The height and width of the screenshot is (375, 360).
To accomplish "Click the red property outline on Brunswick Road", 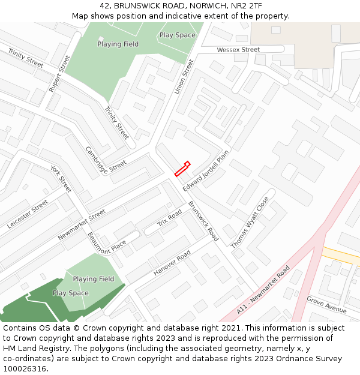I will tap(182, 169).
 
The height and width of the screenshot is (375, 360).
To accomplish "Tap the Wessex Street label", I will tap(238, 50).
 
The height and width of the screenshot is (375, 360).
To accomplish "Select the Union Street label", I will tap(184, 76).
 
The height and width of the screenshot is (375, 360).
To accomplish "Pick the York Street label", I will tap(61, 179).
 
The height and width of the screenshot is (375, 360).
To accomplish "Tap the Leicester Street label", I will tap(28, 215).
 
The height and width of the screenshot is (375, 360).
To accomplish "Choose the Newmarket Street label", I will tap(82, 225).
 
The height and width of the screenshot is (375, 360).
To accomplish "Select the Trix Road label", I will tap(170, 218).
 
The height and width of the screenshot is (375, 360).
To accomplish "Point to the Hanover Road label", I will tap(172, 263).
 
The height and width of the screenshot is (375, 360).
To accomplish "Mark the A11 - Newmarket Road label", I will tap(263, 290).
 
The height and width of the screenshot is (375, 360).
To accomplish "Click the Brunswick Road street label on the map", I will tap(203, 221).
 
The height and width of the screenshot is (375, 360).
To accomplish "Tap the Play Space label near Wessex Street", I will tap(177, 35).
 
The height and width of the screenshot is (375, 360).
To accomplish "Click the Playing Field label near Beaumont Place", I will tap(94, 279).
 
